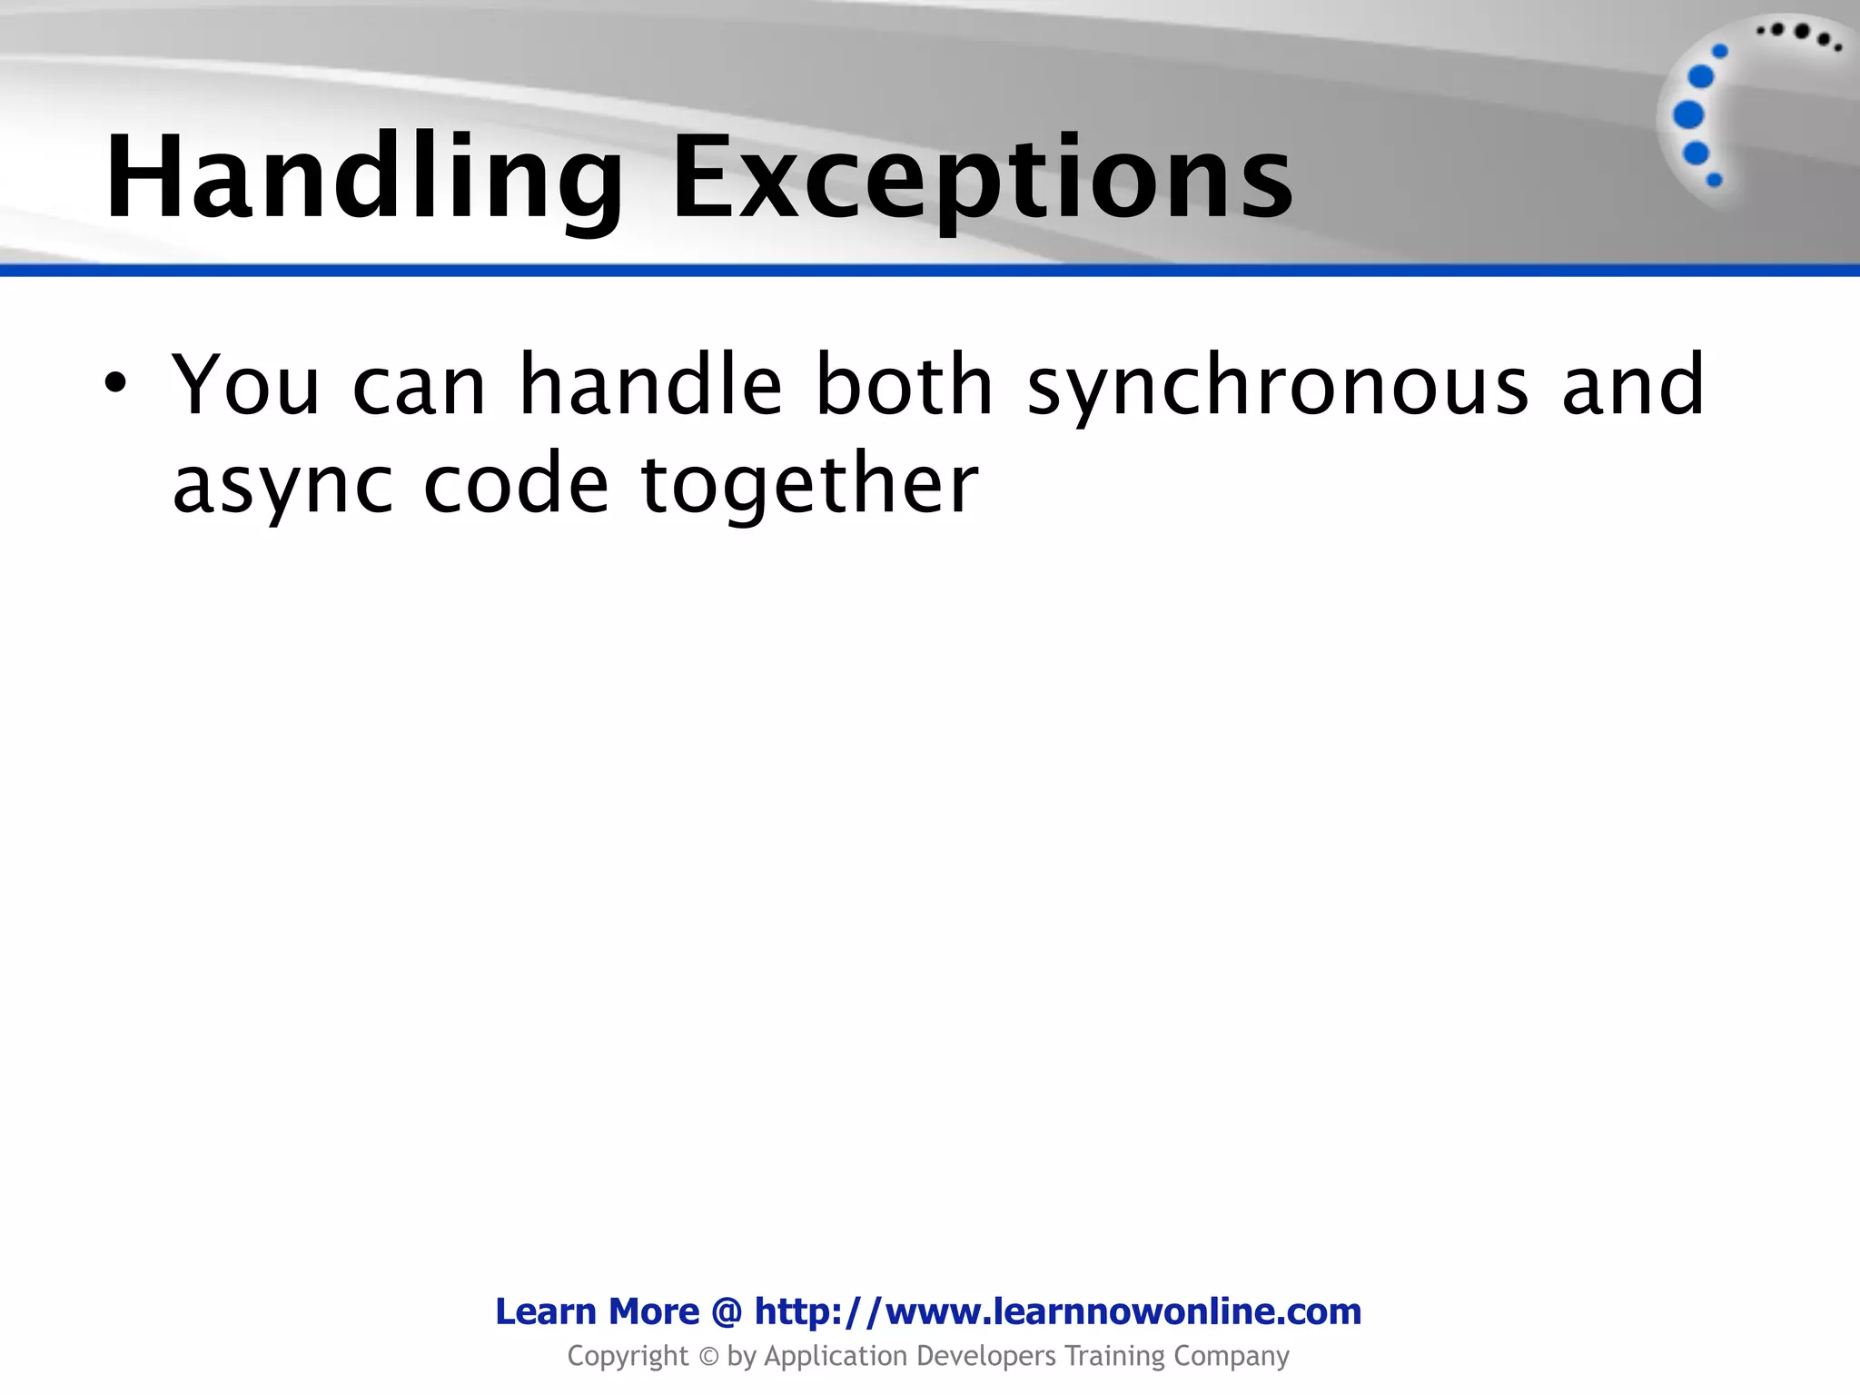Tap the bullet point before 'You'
114,384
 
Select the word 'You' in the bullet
246,385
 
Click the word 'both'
905,385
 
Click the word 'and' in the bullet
1633,385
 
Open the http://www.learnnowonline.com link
1058,1311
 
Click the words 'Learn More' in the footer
597,1311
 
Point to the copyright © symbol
708,1357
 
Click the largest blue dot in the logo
1687,115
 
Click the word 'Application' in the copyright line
836,1356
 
